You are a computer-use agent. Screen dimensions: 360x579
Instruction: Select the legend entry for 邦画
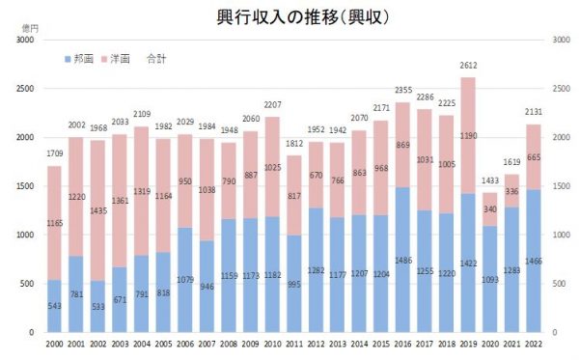tap(84, 59)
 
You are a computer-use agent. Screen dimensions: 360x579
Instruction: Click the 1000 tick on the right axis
tap(557, 235)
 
